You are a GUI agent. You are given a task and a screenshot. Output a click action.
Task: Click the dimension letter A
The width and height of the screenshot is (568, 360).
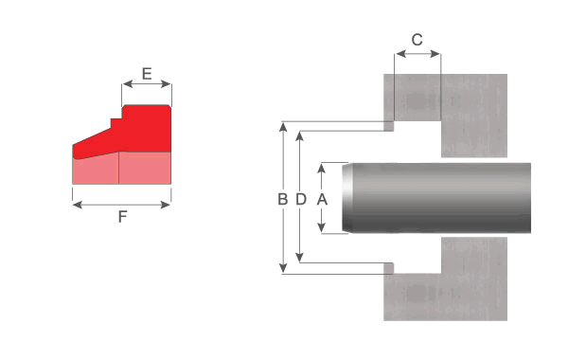pyautogui.click(x=322, y=199)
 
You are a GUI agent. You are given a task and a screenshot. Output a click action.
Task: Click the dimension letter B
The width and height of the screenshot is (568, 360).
pyautogui.click(x=282, y=199)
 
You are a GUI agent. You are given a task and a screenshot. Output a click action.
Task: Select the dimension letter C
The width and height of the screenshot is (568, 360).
pyautogui.click(x=417, y=40)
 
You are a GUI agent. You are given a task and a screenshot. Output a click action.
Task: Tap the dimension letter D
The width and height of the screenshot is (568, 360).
pyautogui.click(x=301, y=199)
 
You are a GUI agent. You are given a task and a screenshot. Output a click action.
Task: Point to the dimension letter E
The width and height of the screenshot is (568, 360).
pyautogui.click(x=147, y=74)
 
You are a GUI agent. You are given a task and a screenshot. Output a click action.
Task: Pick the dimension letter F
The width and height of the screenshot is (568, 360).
pyautogui.click(x=122, y=216)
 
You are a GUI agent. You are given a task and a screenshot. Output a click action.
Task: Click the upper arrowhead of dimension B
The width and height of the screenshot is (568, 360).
pyautogui.click(x=283, y=127)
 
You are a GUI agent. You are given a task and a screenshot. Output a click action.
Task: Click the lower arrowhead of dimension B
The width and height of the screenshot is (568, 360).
pyautogui.click(x=283, y=268)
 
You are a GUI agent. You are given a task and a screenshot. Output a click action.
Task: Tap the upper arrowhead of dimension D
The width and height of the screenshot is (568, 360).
pyautogui.click(x=299, y=136)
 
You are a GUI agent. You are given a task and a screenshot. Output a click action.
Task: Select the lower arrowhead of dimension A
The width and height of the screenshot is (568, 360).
pyautogui.click(x=321, y=228)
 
